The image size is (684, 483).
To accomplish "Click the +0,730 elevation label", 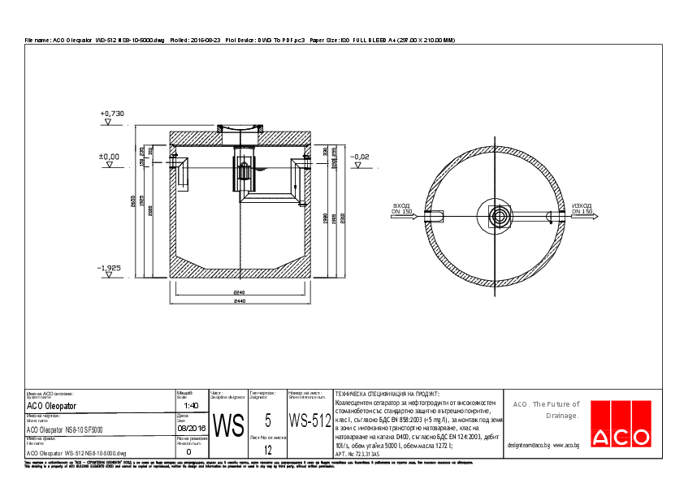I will point(111,114).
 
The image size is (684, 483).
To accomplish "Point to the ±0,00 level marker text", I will point(109,156).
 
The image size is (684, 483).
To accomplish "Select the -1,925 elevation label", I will point(109,267).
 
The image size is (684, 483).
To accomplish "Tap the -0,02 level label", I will point(359,156).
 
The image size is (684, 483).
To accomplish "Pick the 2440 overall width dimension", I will point(240,302).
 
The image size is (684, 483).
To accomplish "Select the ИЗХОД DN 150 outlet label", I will point(582,209).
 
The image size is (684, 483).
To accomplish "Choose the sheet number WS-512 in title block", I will point(310,421).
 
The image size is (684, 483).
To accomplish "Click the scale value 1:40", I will point(191,405).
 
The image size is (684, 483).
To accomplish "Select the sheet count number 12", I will point(268,448).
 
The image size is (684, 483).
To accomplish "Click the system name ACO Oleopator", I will point(52,405).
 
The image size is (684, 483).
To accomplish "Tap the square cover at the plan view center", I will point(499,217).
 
